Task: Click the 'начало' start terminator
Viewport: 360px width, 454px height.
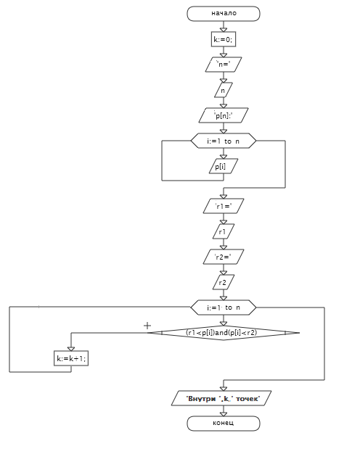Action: pos(224,14)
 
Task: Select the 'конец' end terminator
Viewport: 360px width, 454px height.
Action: pos(224,424)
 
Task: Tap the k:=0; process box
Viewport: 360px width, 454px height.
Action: pos(224,39)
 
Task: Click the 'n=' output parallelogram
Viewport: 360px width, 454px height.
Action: pos(224,65)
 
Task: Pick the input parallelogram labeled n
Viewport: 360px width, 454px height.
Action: pos(224,90)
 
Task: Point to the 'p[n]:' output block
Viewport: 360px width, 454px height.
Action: pos(224,115)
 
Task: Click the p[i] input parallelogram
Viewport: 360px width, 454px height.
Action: pos(224,166)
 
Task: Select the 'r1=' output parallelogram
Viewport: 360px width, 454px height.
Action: pos(224,206)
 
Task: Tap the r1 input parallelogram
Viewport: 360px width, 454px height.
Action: pos(224,231)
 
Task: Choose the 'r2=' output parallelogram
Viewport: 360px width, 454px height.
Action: pos(224,257)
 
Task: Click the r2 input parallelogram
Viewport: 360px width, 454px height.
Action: pos(224,282)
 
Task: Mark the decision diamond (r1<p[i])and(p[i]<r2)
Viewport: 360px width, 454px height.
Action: pos(224,333)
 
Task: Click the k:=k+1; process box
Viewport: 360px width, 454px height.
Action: pos(71,358)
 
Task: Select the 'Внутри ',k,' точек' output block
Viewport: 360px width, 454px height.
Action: pos(221,398)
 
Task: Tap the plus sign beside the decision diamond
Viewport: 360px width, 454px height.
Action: pos(147,326)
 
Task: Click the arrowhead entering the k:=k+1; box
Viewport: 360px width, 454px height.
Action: pos(71,349)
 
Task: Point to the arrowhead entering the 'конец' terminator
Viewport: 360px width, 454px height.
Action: pos(224,414)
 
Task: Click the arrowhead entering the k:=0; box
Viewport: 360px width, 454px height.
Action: pos(224,30)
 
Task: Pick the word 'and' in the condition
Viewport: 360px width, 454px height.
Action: pos(222,333)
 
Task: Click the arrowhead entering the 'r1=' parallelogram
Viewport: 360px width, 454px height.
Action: pos(224,197)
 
